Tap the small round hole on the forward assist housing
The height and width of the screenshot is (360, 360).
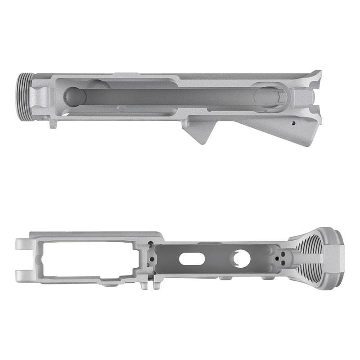[293, 122]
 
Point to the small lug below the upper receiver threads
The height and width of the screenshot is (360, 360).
[53, 123]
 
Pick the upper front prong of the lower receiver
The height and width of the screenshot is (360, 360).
[22, 244]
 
